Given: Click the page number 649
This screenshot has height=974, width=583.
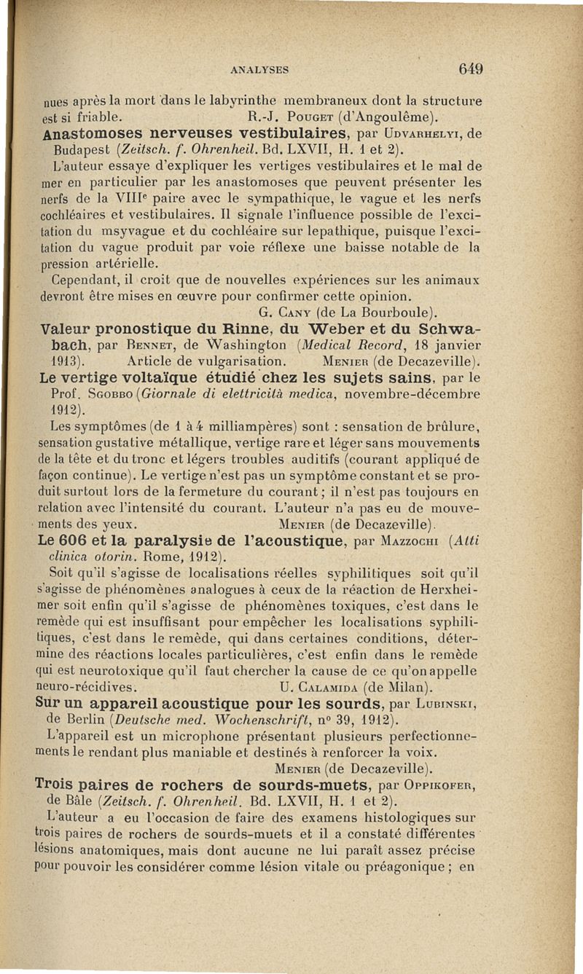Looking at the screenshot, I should pos(472,69).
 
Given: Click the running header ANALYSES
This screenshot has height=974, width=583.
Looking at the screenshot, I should pos(259,70).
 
